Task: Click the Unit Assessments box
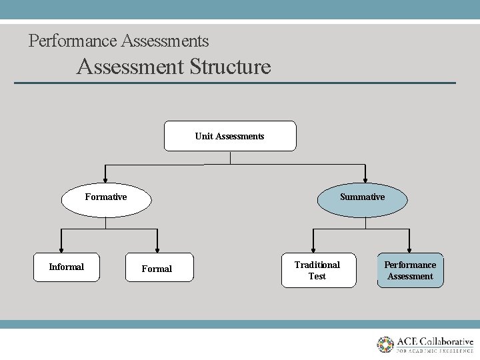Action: (230, 136)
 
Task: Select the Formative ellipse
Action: (106, 197)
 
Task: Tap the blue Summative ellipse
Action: (362, 197)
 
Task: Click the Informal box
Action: (67, 267)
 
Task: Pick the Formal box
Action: (157, 268)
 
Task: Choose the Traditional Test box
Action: (318, 270)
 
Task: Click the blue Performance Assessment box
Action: (410, 270)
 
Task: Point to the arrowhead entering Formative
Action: (105, 179)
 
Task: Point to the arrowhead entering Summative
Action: (365, 179)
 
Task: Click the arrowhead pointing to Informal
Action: (62, 248)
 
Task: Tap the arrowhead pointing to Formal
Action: (157, 248)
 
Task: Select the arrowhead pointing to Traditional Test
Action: (313, 248)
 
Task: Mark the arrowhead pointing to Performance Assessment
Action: (410, 248)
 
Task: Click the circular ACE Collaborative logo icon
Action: (385, 345)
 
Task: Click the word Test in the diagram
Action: (317, 276)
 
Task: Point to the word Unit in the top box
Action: (203, 136)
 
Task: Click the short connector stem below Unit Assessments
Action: (230, 158)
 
